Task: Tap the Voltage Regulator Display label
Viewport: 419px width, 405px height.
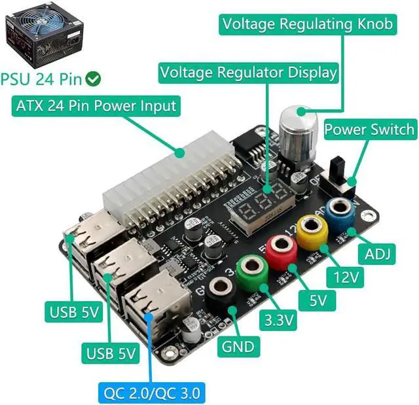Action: (x=248, y=71)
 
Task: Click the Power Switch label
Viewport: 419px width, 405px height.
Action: (x=369, y=128)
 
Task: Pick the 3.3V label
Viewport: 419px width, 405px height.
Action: (x=278, y=321)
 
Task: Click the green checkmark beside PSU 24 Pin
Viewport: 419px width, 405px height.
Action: (x=94, y=79)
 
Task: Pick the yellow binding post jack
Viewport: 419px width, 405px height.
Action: (x=312, y=228)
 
